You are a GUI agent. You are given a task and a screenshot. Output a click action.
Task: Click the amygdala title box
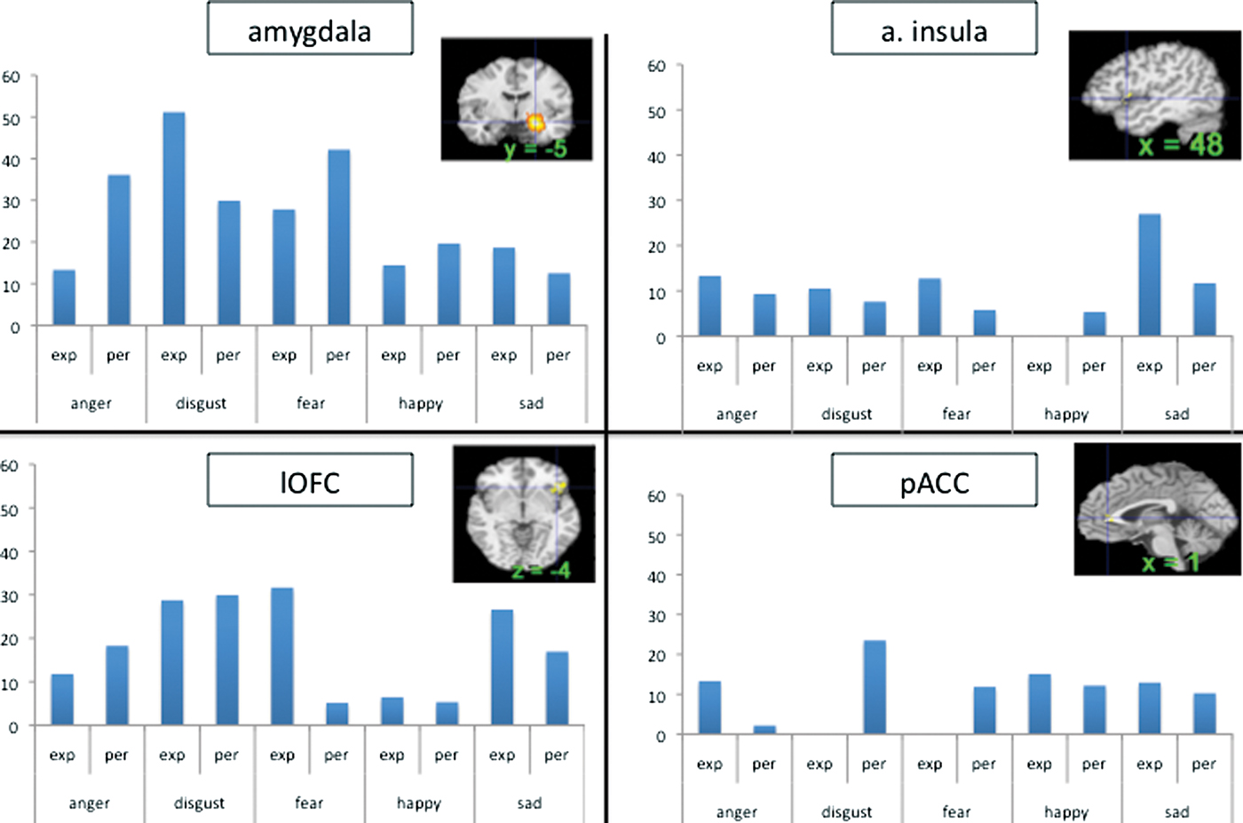point(310,30)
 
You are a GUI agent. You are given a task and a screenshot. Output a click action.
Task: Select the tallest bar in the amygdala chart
point(174,218)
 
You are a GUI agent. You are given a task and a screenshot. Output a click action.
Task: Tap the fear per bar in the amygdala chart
point(338,237)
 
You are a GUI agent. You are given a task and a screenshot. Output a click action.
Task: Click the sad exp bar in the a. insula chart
point(1149,274)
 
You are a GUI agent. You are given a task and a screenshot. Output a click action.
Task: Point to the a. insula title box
point(934,30)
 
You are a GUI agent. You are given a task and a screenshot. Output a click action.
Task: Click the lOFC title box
point(310,481)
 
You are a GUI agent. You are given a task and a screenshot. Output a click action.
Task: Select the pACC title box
point(934,481)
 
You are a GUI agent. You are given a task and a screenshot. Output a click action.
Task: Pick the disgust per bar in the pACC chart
point(874,687)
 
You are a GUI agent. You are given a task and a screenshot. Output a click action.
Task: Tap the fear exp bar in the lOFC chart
point(282,656)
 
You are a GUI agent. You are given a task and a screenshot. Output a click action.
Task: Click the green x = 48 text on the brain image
point(1180,144)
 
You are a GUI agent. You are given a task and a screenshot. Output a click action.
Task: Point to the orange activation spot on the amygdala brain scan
point(534,123)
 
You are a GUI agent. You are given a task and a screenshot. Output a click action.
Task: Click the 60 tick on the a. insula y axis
point(656,66)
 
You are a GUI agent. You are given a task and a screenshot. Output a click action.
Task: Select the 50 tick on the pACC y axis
point(656,536)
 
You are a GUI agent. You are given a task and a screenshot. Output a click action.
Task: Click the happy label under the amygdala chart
point(420,404)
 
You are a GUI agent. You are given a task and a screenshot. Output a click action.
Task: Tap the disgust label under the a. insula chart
point(846,415)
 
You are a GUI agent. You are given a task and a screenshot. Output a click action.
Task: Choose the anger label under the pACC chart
point(736,812)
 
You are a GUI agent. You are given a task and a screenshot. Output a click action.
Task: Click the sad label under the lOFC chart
point(529,803)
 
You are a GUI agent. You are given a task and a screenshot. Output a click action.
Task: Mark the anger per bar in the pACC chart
point(764,730)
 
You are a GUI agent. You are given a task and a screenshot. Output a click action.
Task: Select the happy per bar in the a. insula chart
point(1094,324)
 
